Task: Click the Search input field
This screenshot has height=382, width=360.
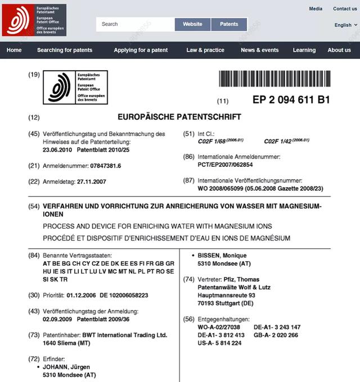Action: (135, 24)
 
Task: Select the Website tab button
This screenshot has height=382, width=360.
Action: (192, 24)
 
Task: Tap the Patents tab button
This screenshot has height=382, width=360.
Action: (229, 24)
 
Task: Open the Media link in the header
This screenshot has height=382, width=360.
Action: (316, 8)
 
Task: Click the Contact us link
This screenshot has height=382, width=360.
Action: (345, 8)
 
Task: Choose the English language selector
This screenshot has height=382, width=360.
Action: (345, 25)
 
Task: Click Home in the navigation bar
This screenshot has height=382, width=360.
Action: (14, 50)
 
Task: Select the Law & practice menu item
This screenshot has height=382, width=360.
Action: (205, 50)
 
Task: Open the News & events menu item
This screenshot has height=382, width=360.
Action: (259, 50)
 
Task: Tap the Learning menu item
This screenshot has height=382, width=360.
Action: (304, 50)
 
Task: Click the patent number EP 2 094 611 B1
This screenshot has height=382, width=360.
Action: (291, 100)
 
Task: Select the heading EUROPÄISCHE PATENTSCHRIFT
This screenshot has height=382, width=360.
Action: (179, 117)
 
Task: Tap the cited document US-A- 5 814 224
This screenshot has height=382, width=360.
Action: (219, 343)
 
